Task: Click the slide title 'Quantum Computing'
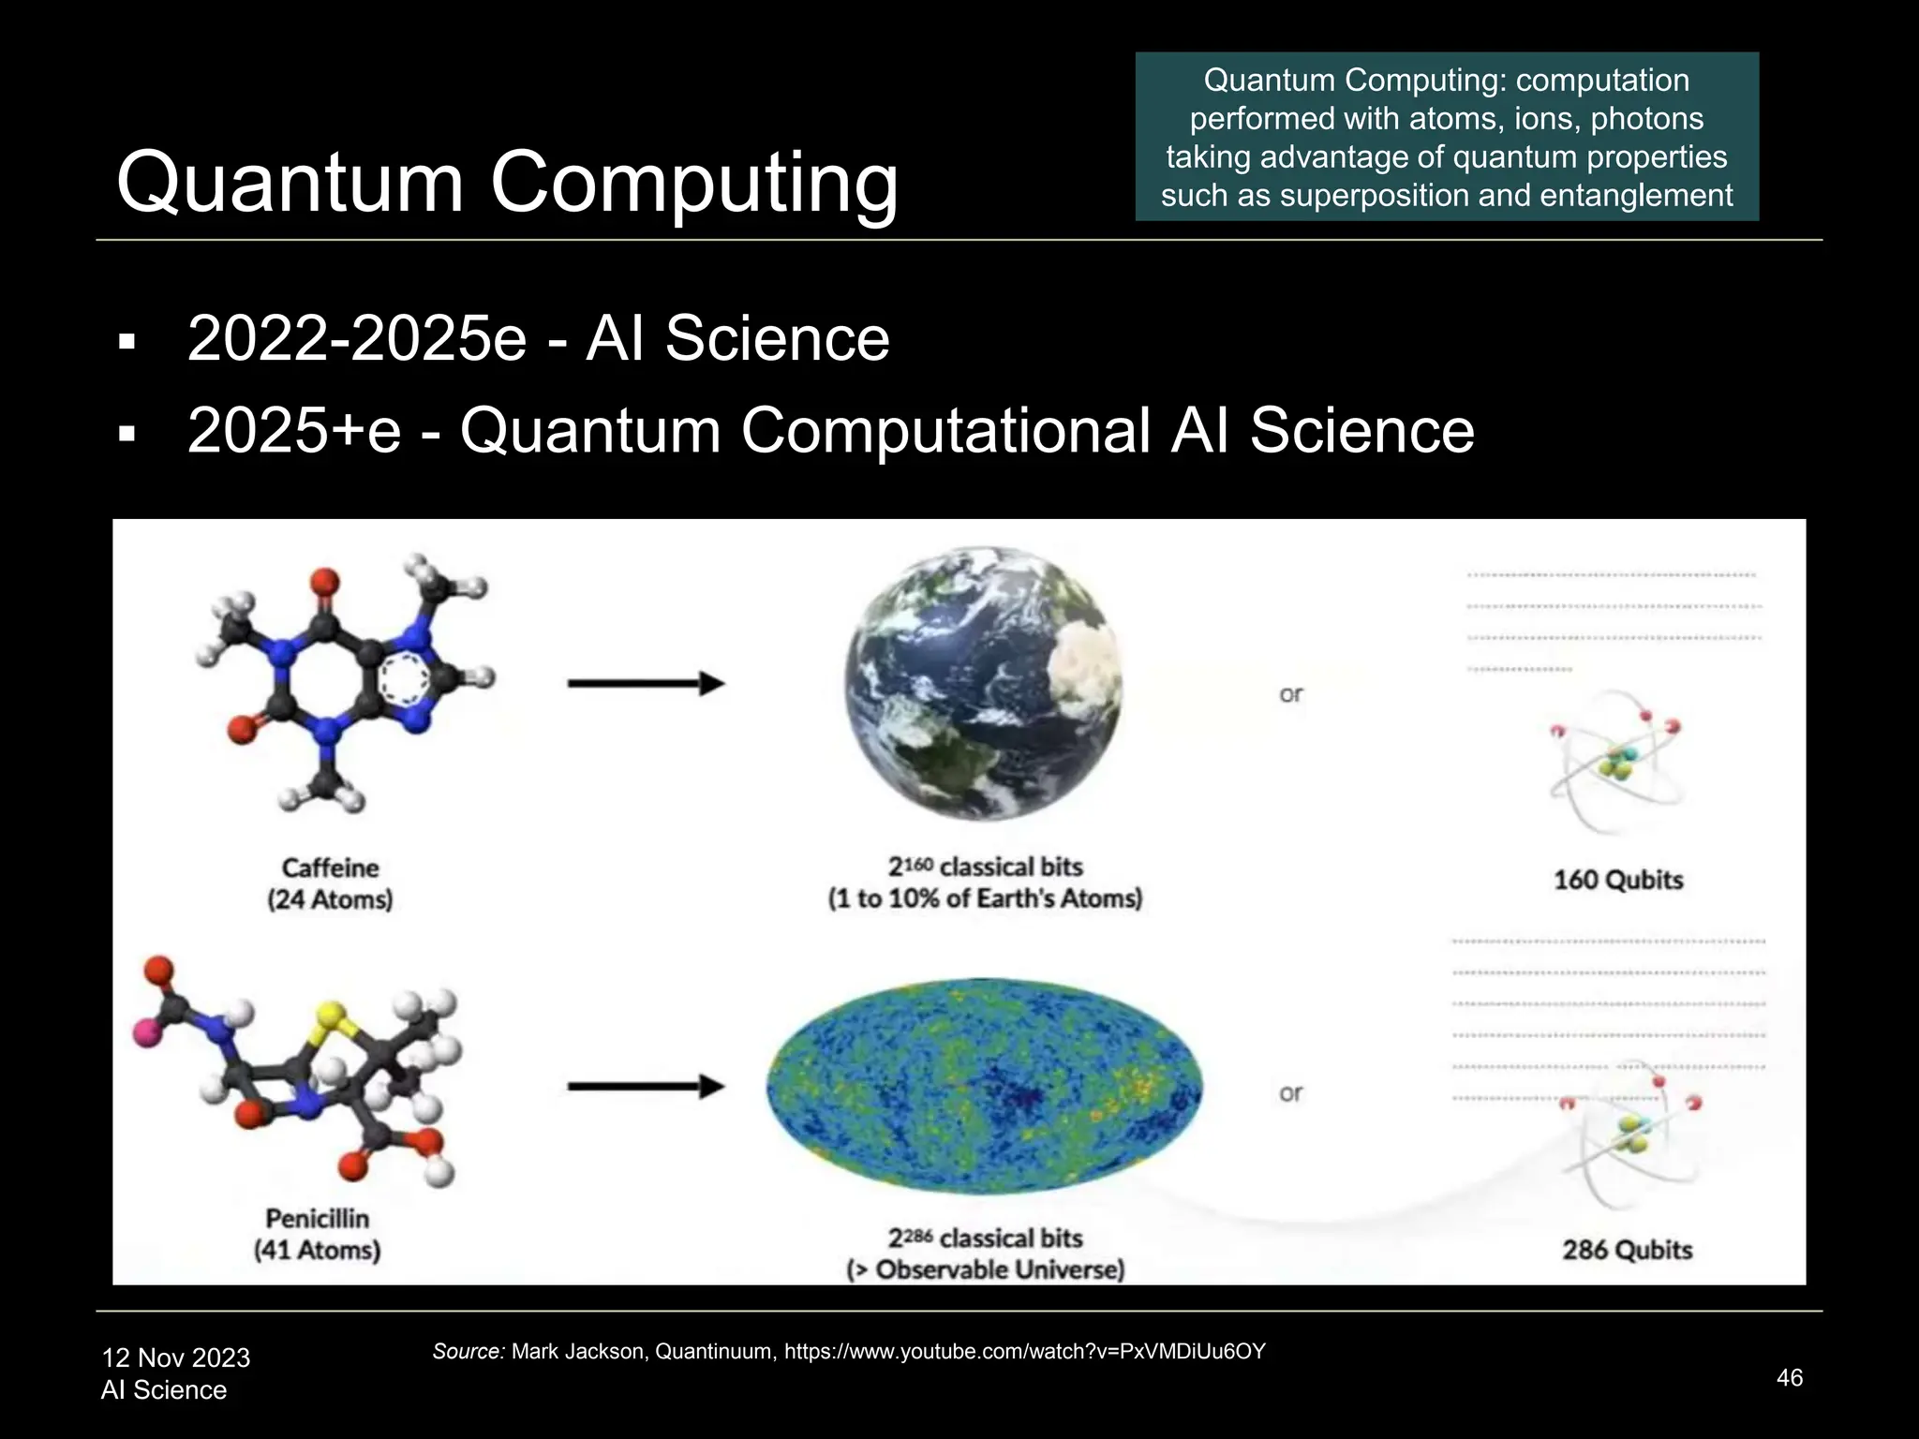click(x=507, y=182)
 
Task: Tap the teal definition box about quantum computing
click(x=1446, y=137)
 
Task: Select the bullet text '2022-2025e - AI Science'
click(x=538, y=338)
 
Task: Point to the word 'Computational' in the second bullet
click(x=945, y=431)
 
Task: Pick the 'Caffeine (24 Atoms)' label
click(x=330, y=883)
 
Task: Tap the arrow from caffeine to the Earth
click(x=646, y=684)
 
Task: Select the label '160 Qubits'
click(x=1618, y=880)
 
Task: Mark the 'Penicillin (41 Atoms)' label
click(x=318, y=1234)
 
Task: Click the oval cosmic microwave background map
click(x=983, y=1087)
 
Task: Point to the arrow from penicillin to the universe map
click(x=646, y=1087)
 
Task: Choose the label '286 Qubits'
click(x=1628, y=1250)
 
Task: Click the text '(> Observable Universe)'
click(x=985, y=1269)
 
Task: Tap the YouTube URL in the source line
click(x=1024, y=1351)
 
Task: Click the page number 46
click(x=1789, y=1377)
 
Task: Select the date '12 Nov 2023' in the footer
click(x=176, y=1357)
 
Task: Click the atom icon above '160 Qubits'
click(x=1617, y=759)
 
